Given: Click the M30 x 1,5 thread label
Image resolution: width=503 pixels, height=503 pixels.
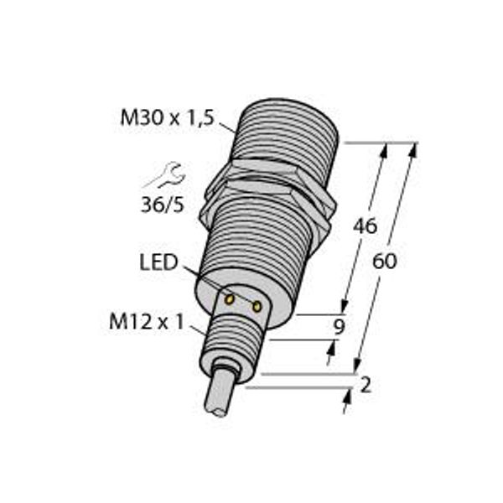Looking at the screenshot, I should (x=167, y=120).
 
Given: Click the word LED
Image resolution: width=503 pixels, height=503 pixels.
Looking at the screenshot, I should (x=158, y=263).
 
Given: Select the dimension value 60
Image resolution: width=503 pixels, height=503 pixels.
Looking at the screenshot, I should (x=385, y=261).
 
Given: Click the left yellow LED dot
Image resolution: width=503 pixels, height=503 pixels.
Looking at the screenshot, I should (x=228, y=298).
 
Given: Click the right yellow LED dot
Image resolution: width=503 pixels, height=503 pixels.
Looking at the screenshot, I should (x=257, y=307).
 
